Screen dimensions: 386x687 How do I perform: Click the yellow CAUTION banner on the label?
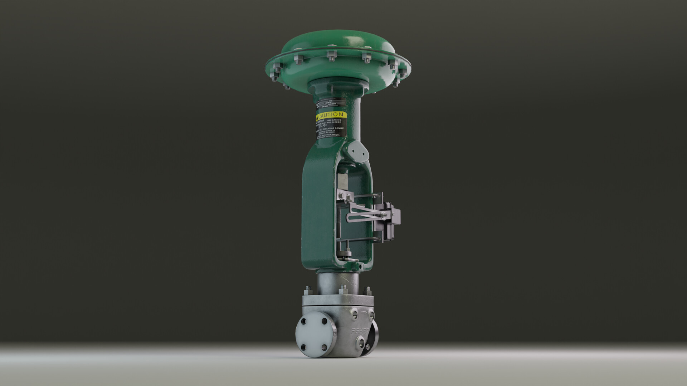[x=331, y=115]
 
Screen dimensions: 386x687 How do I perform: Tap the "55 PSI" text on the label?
[x=323, y=125]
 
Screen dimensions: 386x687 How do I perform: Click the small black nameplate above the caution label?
[x=330, y=104]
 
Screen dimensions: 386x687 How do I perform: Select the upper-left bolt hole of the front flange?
[x=304, y=322]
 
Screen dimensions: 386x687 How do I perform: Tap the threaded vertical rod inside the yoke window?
[x=338, y=222]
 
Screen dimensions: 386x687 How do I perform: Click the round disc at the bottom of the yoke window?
[x=346, y=255]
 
